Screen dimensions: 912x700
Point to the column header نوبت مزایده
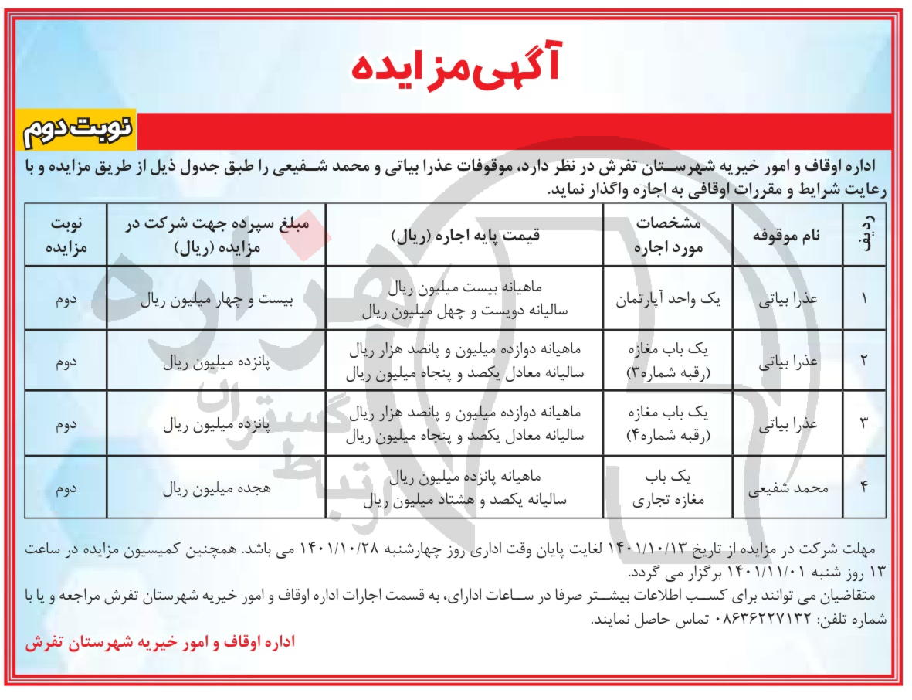point(65,236)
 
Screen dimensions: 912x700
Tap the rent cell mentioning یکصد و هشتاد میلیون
point(463,488)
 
